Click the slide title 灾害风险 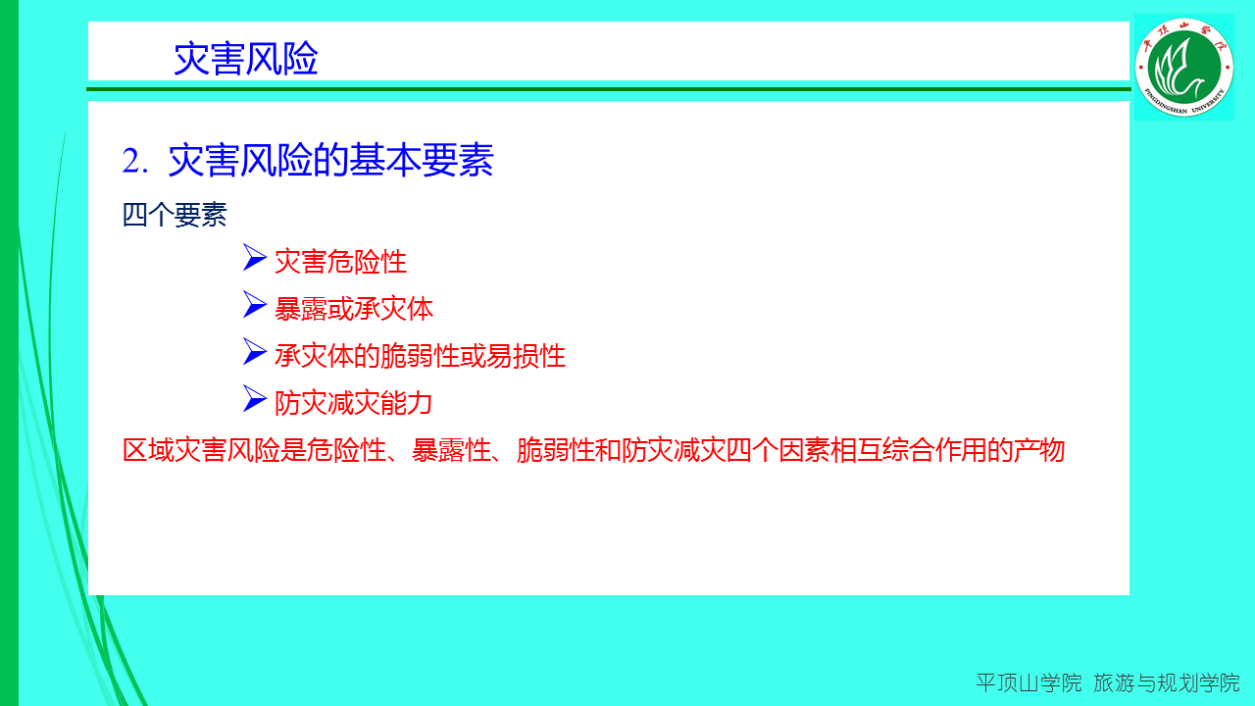point(245,58)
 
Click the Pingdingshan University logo point(1183,68)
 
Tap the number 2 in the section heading point(131,162)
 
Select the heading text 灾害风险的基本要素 point(330,160)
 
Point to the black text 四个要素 point(175,215)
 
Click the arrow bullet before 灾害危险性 point(255,258)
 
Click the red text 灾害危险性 point(340,262)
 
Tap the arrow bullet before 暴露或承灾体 point(255,305)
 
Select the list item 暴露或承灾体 point(354,309)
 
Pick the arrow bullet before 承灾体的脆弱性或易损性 point(255,352)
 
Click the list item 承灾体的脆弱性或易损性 point(421,356)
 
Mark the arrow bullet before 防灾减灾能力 point(255,399)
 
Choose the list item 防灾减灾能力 point(354,403)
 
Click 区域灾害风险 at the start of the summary point(201,450)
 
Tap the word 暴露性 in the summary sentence point(451,450)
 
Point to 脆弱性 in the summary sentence point(556,450)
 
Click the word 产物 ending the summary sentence point(1038,450)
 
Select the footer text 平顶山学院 point(1029,683)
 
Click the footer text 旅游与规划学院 point(1167,683)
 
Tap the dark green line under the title point(609,89)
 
